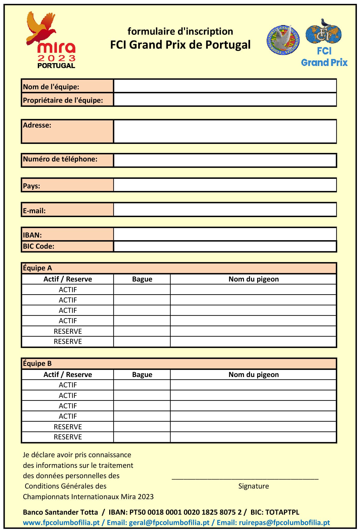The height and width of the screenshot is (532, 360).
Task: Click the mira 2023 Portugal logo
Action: click(51, 40)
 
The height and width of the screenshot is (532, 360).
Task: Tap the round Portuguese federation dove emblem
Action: click(283, 40)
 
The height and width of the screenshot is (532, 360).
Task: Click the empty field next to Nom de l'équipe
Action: click(225, 86)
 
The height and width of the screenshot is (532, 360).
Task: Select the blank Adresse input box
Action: click(225, 131)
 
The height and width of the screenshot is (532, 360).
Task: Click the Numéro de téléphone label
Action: click(60, 159)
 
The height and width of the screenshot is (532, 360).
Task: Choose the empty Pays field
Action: click(225, 185)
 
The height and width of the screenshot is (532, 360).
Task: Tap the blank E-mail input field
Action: click(225, 210)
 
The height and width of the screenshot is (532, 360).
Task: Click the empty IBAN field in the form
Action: click(225, 234)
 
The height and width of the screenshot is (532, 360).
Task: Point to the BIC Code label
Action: click(39, 246)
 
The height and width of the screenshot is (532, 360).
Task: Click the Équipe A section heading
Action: click(38, 268)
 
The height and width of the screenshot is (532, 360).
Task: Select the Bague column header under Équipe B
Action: click(142, 375)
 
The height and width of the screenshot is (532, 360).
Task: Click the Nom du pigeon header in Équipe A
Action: click(253, 279)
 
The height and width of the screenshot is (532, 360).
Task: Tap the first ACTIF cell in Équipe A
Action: click(68, 290)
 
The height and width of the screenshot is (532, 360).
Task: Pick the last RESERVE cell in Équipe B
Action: click(68, 437)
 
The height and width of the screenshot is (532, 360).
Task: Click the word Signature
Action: click(253, 486)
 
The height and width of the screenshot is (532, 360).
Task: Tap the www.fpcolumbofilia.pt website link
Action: click(61, 522)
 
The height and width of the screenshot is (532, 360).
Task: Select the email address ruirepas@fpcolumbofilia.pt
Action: click(284, 522)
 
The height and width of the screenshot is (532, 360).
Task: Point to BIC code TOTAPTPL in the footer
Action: click(282, 512)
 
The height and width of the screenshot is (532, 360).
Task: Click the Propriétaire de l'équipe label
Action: click(63, 100)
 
